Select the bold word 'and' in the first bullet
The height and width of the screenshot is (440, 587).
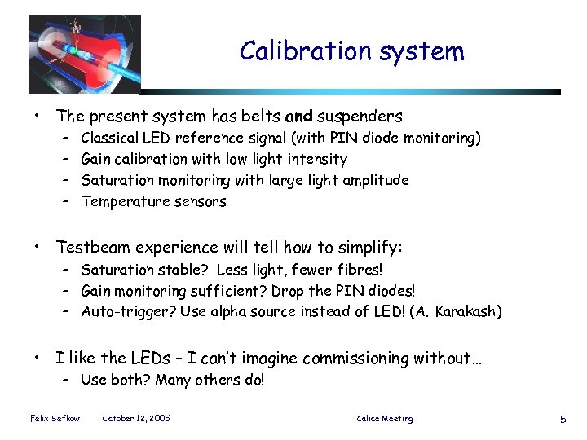tap(298, 117)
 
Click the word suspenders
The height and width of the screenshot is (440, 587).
tap(360, 117)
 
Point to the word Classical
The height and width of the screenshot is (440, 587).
tap(109, 139)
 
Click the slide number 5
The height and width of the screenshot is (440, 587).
tap(563, 419)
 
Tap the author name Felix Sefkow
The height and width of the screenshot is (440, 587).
tap(51, 419)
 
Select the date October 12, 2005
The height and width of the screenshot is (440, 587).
tap(136, 419)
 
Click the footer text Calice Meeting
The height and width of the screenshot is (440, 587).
tap(385, 419)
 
